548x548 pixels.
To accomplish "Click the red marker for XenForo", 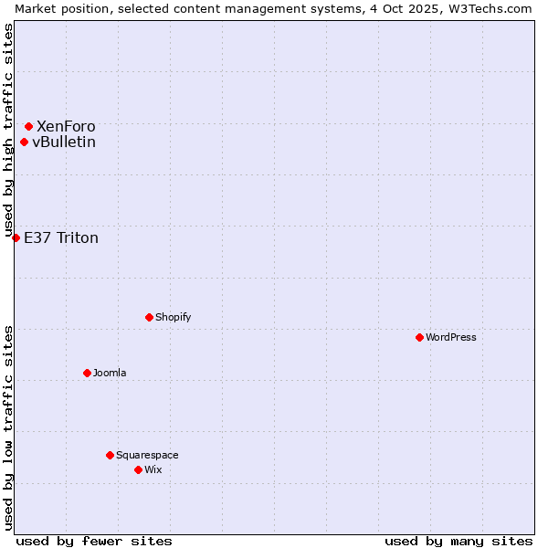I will [29, 126].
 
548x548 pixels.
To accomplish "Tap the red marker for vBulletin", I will [24, 142].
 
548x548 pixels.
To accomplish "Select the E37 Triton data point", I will [16, 237].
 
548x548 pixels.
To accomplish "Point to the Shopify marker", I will [149, 317].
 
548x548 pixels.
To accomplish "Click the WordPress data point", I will [419, 337].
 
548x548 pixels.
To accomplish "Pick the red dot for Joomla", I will [87, 373].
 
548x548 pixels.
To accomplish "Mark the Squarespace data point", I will [110, 455].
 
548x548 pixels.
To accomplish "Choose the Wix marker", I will [138, 469].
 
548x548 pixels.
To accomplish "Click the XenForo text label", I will [66, 126].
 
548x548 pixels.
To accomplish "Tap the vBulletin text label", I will [64, 142].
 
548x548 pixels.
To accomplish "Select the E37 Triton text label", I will [61, 238].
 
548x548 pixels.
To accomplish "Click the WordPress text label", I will [451, 337].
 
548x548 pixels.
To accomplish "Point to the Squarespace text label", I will [147, 455].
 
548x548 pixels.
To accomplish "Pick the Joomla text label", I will [110, 373].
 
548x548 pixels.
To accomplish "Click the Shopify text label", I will [173, 317].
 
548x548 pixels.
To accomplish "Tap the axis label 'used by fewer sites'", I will [94, 541].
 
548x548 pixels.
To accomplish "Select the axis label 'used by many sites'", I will [458, 541].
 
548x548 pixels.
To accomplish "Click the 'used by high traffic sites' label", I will [8, 131].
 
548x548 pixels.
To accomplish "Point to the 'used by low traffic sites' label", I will [8, 427].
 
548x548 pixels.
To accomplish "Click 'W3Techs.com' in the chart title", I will [489, 8].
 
